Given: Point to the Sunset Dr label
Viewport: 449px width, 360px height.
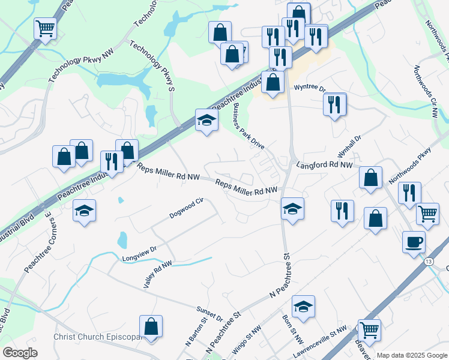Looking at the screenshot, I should (209, 313).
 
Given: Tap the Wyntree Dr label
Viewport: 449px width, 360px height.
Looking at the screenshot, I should (310, 88).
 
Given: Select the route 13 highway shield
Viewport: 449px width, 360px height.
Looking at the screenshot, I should (427, 262).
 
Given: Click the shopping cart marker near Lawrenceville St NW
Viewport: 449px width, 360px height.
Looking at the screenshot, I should (369, 329).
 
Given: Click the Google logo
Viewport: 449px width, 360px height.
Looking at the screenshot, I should (20, 353).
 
